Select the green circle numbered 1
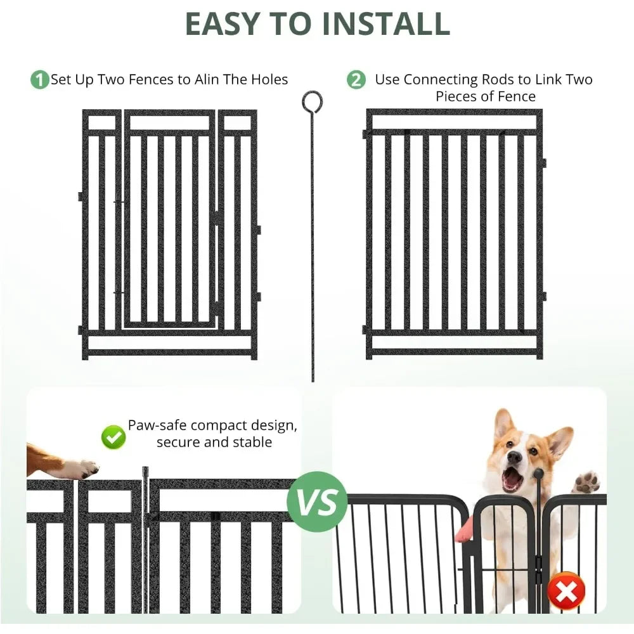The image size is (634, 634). point(39,81)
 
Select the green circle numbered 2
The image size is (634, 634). point(356,81)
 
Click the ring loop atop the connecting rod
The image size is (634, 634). point(312,100)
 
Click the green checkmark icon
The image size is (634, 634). point(113,437)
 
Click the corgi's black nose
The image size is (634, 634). point(515,457)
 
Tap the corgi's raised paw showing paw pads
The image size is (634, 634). point(586,482)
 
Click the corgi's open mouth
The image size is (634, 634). point(512,479)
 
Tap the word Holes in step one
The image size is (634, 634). point(269,80)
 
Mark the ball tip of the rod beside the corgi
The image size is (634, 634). point(538,473)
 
